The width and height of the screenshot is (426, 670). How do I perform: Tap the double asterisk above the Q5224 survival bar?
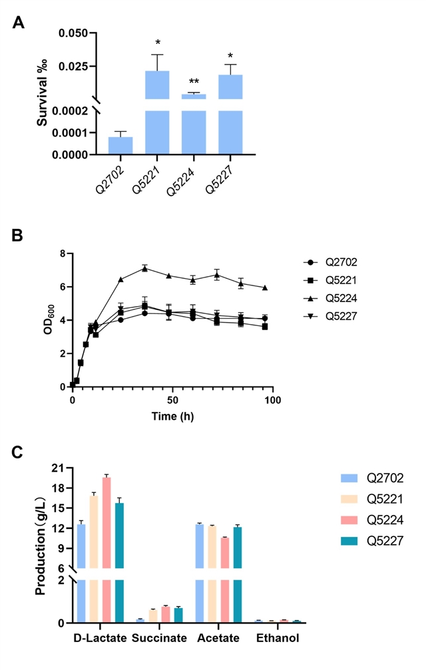click(x=193, y=83)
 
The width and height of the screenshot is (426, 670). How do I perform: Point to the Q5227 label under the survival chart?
click(x=219, y=179)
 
